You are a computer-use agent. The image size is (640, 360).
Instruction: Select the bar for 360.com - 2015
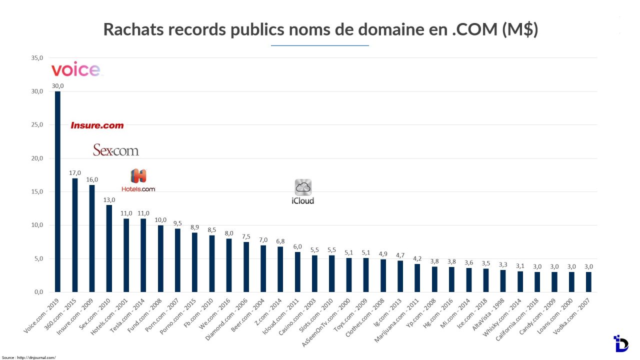pos(75,235)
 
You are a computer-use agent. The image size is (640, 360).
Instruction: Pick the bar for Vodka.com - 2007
pos(588,281)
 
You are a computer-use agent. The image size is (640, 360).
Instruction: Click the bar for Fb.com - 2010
pos(212,263)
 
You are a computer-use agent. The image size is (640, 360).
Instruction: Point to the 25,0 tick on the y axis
pos(37,125)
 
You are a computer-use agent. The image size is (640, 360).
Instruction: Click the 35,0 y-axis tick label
pos(37,58)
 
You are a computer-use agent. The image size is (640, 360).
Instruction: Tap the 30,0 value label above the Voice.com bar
pos(57,86)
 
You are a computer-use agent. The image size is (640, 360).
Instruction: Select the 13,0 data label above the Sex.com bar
pos(109,199)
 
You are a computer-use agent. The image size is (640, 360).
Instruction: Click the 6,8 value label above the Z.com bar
pos(280,241)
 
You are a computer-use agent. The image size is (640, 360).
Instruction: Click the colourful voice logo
pos(75,69)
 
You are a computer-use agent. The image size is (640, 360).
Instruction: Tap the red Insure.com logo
pos(97,125)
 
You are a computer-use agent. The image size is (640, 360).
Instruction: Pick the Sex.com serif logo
pos(116,150)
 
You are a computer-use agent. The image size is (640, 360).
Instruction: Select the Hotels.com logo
pos(138,180)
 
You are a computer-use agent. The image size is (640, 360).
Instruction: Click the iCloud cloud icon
pos(303,187)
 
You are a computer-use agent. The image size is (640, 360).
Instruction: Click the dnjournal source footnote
pos(28,357)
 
